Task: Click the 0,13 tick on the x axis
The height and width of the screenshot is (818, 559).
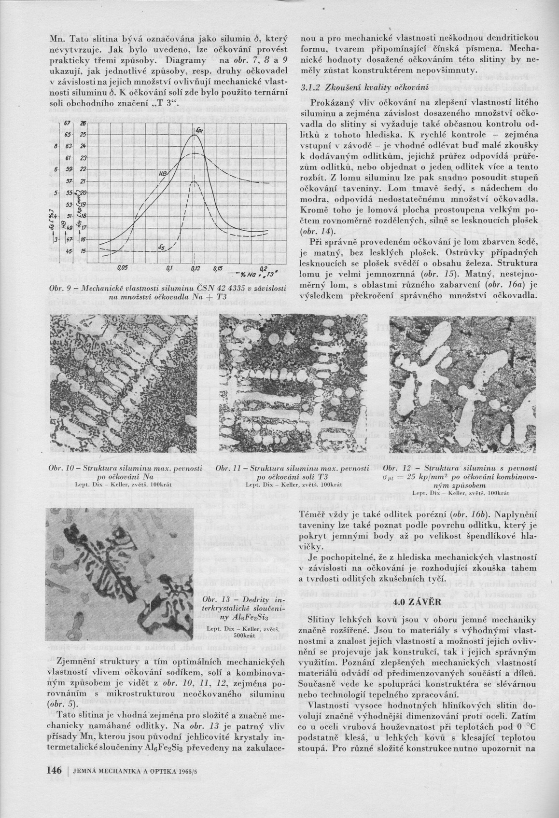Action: [195, 268]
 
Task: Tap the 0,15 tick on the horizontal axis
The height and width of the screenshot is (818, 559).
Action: [218, 268]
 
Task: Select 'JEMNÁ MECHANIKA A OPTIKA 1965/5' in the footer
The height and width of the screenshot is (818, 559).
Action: [131, 771]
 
